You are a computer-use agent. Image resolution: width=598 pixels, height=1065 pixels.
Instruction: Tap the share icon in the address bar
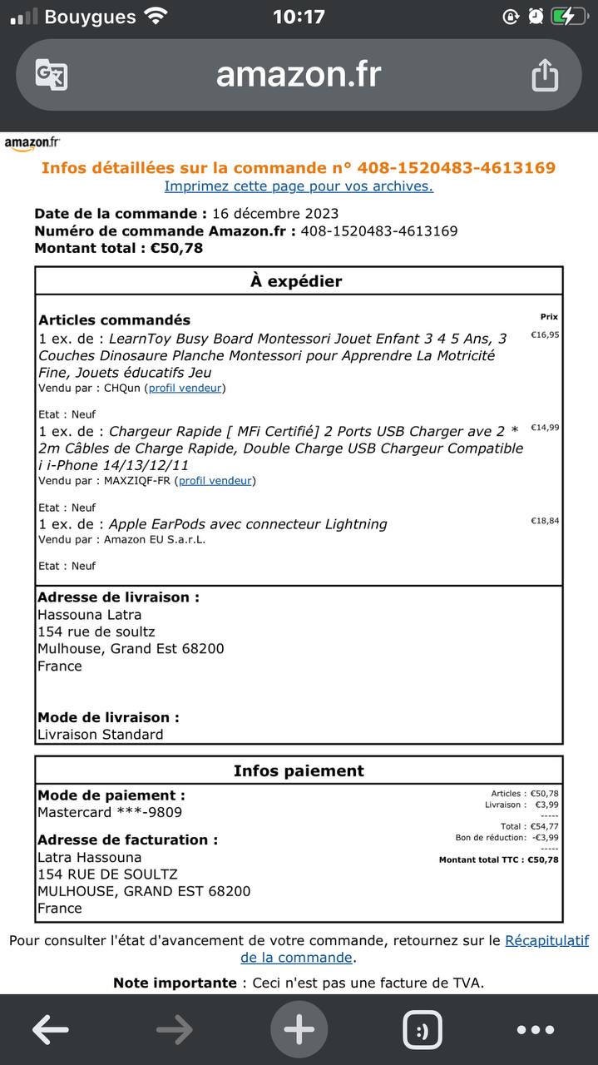[544, 75]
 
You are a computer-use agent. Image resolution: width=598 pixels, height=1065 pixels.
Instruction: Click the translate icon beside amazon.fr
[52, 75]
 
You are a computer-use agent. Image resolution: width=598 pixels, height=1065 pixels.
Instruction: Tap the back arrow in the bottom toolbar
[50, 1030]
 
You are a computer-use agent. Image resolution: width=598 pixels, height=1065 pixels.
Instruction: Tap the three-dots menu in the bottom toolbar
[535, 1030]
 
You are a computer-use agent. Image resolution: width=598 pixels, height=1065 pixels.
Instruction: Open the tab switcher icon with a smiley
[423, 1030]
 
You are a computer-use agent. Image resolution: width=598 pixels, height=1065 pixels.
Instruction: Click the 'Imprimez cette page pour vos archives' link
[299, 186]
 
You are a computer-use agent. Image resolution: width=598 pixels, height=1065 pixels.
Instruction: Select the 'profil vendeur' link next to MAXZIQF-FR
[217, 480]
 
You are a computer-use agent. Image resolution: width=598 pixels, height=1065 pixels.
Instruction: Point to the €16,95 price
[545, 335]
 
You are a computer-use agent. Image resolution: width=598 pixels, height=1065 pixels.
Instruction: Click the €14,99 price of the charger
[545, 428]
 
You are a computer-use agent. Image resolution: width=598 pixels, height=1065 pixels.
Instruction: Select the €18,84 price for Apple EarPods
[545, 521]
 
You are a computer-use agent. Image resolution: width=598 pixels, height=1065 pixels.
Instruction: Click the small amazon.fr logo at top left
[32, 143]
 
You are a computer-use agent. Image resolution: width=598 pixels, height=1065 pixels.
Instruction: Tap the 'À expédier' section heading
[296, 281]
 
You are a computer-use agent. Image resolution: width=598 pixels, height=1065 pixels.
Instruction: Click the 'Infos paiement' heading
[299, 770]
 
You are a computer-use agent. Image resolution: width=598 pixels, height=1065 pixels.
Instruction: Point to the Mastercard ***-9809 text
[110, 812]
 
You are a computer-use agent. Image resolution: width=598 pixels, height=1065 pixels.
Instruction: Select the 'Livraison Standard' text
[101, 734]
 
